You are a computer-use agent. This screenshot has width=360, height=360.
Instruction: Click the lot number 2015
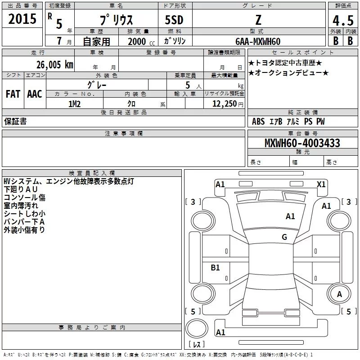(x=22, y=19)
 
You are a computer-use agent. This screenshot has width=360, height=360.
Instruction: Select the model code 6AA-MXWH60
(x=258, y=41)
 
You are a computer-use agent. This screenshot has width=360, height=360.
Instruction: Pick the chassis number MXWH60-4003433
(x=302, y=144)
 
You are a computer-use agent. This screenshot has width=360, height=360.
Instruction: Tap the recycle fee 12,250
(x=224, y=104)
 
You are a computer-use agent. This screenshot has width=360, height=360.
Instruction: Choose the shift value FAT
(x=13, y=94)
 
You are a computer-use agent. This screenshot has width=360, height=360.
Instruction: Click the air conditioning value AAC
(x=35, y=94)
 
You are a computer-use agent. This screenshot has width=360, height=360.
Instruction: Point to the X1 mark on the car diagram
(x=321, y=184)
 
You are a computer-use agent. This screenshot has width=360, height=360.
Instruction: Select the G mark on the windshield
(x=284, y=237)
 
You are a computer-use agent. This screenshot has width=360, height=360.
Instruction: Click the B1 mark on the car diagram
(x=216, y=268)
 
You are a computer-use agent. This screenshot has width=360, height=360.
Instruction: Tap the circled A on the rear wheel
(x=339, y=294)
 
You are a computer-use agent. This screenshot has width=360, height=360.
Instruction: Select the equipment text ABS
(x=258, y=121)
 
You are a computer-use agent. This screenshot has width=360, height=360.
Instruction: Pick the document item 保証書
(x=15, y=121)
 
